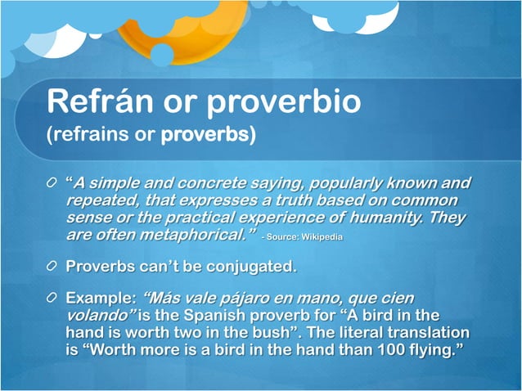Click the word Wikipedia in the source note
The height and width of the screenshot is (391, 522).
(322, 237)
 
